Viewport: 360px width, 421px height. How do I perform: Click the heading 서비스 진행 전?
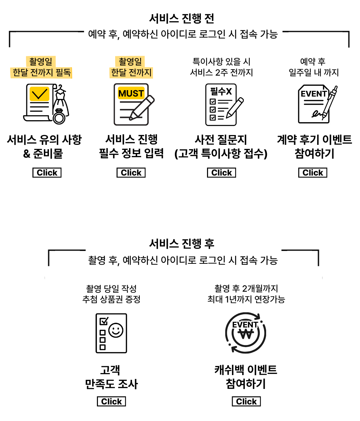(x=182, y=19)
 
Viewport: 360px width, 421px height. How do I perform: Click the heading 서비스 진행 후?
(x=182, y=244)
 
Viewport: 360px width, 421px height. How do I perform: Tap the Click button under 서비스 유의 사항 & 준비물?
(x=47, y=173)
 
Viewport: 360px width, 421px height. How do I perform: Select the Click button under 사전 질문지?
(x=222, y=173)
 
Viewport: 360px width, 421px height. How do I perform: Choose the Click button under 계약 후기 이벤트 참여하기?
(x=313, y=173)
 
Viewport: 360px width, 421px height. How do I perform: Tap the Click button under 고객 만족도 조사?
(x=111, y=401)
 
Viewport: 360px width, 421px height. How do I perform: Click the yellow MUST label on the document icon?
(x=131, y=93)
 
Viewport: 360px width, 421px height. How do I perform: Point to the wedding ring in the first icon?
(x=59, y=117)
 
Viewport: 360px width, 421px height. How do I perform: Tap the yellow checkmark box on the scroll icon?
(x=39, y=94)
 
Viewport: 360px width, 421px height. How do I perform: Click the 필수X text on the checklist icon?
(x=221, y=91)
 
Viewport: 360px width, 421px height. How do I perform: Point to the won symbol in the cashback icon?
(x=246, y=335)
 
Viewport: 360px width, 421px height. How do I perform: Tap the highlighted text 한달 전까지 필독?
(x=41, y=73)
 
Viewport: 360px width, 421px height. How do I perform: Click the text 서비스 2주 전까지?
(x=222, y=73)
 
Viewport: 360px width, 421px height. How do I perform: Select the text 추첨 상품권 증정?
(x=111, y=299)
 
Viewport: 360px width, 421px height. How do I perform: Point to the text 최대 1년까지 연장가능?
(x=246, y=299)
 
